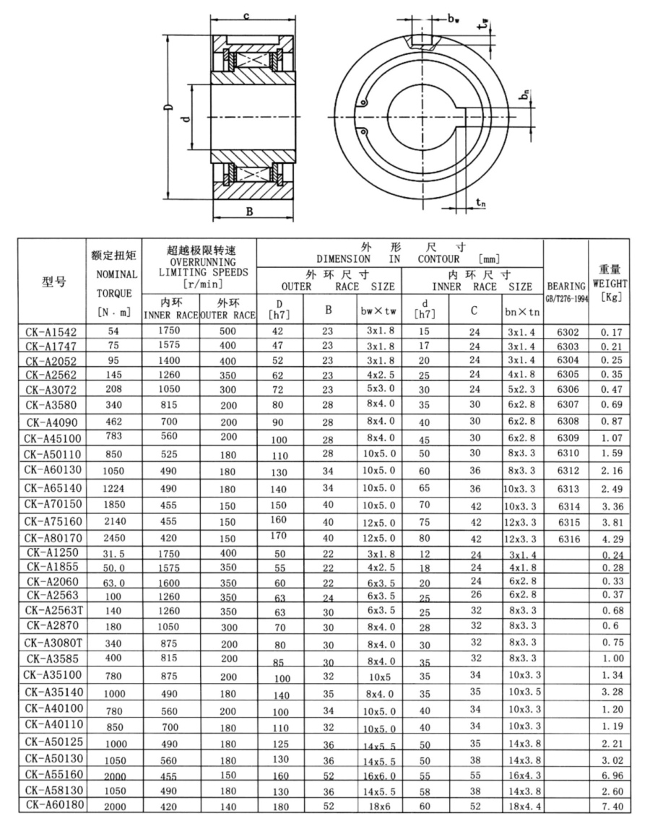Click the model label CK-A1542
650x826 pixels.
coord(51,332)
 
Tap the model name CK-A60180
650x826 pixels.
coord(54,805)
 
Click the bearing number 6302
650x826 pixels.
coord(568,332)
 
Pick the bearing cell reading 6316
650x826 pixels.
coord(568,539)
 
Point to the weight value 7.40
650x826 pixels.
coord(612,806)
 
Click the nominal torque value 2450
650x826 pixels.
coord(114,539)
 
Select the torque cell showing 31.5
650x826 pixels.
coord(114,555)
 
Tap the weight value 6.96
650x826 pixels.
coord(612,775)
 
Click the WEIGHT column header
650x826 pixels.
coord(610,284)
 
